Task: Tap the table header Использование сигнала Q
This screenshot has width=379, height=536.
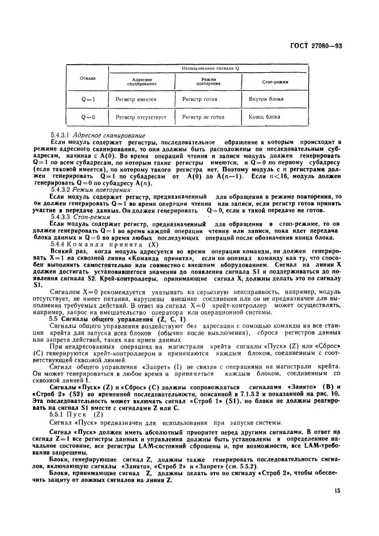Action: [210, 68]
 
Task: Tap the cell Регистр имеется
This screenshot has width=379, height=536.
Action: [136, 99]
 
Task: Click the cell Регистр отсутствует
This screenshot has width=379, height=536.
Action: [141, 117]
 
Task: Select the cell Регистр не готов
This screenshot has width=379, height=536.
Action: [203, 117]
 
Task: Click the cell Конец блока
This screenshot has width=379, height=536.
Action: [264, 117]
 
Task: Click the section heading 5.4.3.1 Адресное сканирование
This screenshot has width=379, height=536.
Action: [97, 135]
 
